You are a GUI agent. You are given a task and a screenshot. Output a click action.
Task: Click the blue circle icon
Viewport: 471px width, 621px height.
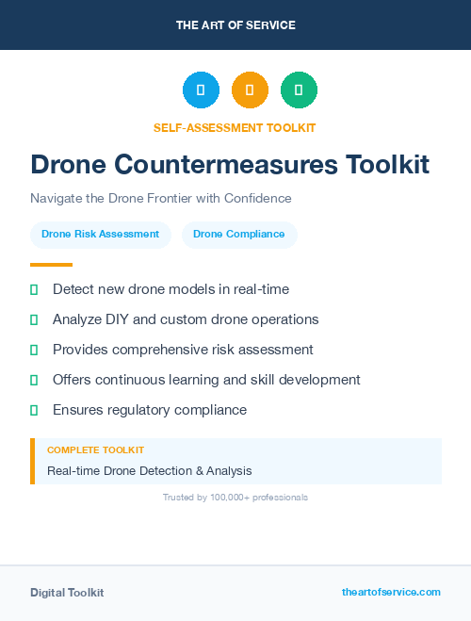point(201,90)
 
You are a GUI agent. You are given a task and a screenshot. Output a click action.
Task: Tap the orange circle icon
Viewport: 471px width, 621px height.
point(250,90)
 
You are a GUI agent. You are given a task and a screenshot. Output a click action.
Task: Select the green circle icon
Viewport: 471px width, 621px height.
point(299,90)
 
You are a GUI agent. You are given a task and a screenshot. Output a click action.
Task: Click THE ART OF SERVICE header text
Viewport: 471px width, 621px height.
point(235,25)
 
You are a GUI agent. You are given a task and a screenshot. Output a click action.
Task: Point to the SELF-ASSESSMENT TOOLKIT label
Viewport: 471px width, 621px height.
point(235,127)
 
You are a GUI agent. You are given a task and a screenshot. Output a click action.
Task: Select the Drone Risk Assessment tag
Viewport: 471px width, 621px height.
point(101,234)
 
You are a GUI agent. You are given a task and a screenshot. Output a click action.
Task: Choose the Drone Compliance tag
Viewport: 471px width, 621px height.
point(239,234)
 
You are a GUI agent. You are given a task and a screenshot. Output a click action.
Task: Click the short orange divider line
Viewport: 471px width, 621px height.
point(51,265)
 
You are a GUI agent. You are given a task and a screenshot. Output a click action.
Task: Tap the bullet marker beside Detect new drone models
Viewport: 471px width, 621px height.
point(34,289)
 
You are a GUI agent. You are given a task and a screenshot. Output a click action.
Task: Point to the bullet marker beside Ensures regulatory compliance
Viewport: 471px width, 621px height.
point(34,410)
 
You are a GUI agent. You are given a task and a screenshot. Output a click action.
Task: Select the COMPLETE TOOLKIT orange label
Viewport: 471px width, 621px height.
point(95,450)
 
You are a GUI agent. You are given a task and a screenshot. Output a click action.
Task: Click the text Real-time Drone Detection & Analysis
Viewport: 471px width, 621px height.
point(150,470)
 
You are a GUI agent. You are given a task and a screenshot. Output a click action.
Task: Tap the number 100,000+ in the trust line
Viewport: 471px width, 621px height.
point(225,497)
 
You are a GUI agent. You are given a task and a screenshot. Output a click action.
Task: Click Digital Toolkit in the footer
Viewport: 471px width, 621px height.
point(67,592)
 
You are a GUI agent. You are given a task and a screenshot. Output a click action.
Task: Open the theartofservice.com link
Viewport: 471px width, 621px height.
point(391,592)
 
